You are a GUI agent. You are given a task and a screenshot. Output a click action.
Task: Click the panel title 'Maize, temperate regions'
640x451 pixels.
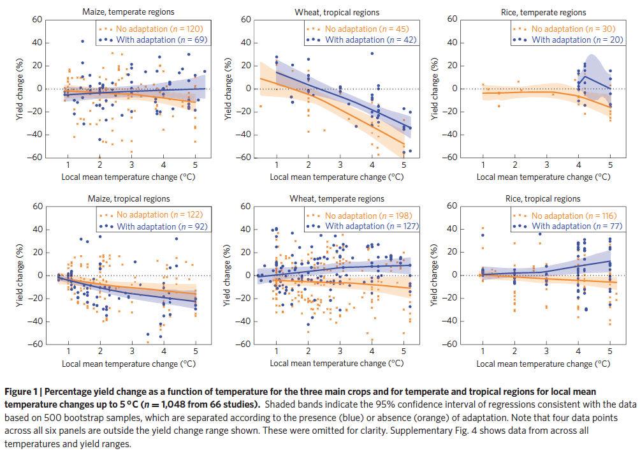pyautogui.click(x=128, y=11)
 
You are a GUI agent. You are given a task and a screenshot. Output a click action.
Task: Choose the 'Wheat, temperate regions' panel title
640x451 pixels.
pyautogui.click(x=337, y=199)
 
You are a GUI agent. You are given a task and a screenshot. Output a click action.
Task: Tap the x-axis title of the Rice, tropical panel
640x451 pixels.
pyautogui.click(x=542, y=364)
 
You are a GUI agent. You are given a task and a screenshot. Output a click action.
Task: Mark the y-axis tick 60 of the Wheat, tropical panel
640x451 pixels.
pyautogui.click(x=245, y=20)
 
